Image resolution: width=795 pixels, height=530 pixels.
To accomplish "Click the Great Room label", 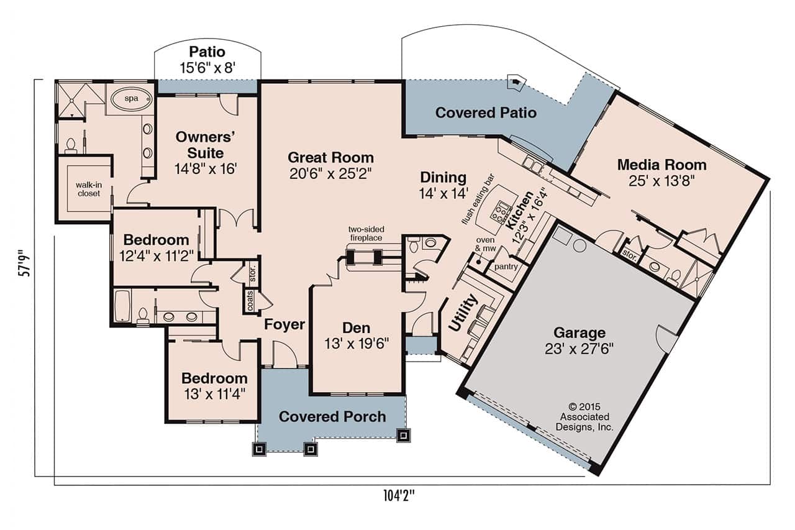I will (330, 157).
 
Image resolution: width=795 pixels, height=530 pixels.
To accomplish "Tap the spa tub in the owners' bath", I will (130, 99).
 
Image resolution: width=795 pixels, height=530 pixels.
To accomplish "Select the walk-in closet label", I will (88, 189).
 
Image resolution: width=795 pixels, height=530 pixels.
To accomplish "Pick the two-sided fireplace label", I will (365, 234).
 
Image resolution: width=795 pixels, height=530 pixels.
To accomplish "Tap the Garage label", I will (580, 333).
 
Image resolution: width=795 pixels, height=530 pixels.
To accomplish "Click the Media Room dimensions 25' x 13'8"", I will (661, 181).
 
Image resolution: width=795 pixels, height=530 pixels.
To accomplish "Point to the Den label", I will (356, 328).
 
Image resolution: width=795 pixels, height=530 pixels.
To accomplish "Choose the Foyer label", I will (284, 324).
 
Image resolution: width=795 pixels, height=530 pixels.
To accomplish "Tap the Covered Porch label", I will (332, 416).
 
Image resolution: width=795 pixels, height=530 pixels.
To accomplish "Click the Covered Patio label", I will (486, 112).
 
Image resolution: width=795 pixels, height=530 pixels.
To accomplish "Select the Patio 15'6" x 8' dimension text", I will (207, 68).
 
